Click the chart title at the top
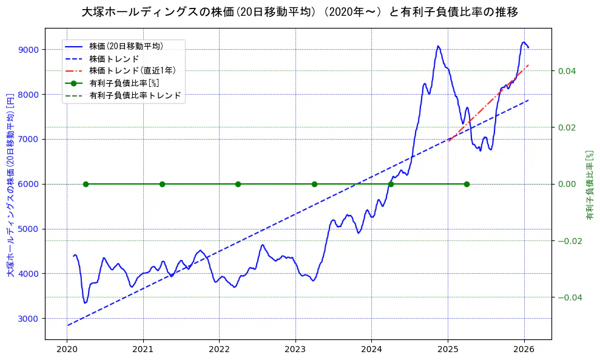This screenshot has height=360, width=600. pyautogui.click(x=300, y=12)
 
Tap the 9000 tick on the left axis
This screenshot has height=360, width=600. pyautogui.click(x=29, y=50)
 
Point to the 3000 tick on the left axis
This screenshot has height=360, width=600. pyautogui.click(x=29, y=319)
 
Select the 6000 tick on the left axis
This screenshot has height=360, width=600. pyautogui.click(x=29, y=184)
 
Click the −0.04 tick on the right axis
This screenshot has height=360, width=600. pyautogui.click(x=568, y=297)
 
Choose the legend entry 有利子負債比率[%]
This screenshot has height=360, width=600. pyautogui.click(x=124, y=83)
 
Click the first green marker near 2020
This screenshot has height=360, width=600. pyautogui.click(x=86, y=184)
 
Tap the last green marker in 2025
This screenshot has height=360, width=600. pyautogui.click(x=467, y=184)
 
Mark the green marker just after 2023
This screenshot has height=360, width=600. pyautogui.click(x=314, y=184)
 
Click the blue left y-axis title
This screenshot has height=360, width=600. pyautogui.click(x=10, y=185)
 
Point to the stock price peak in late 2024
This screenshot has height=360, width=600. pyautogui.click(x=437, y=46)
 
